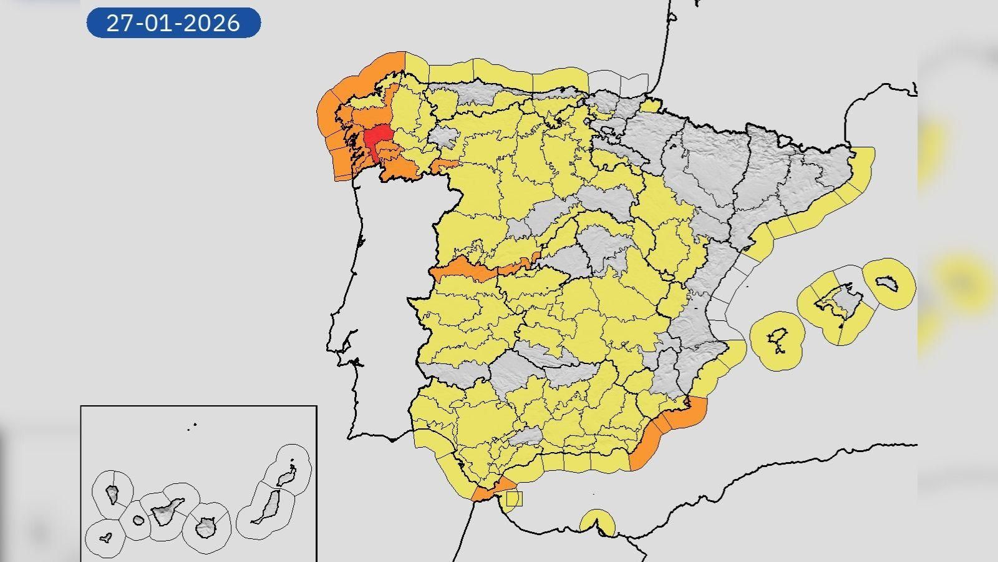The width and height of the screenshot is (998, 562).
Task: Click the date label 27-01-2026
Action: (173, 23)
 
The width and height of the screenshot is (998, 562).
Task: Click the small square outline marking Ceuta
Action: (513, 498)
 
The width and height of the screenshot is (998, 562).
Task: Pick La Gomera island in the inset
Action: (138, 520)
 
